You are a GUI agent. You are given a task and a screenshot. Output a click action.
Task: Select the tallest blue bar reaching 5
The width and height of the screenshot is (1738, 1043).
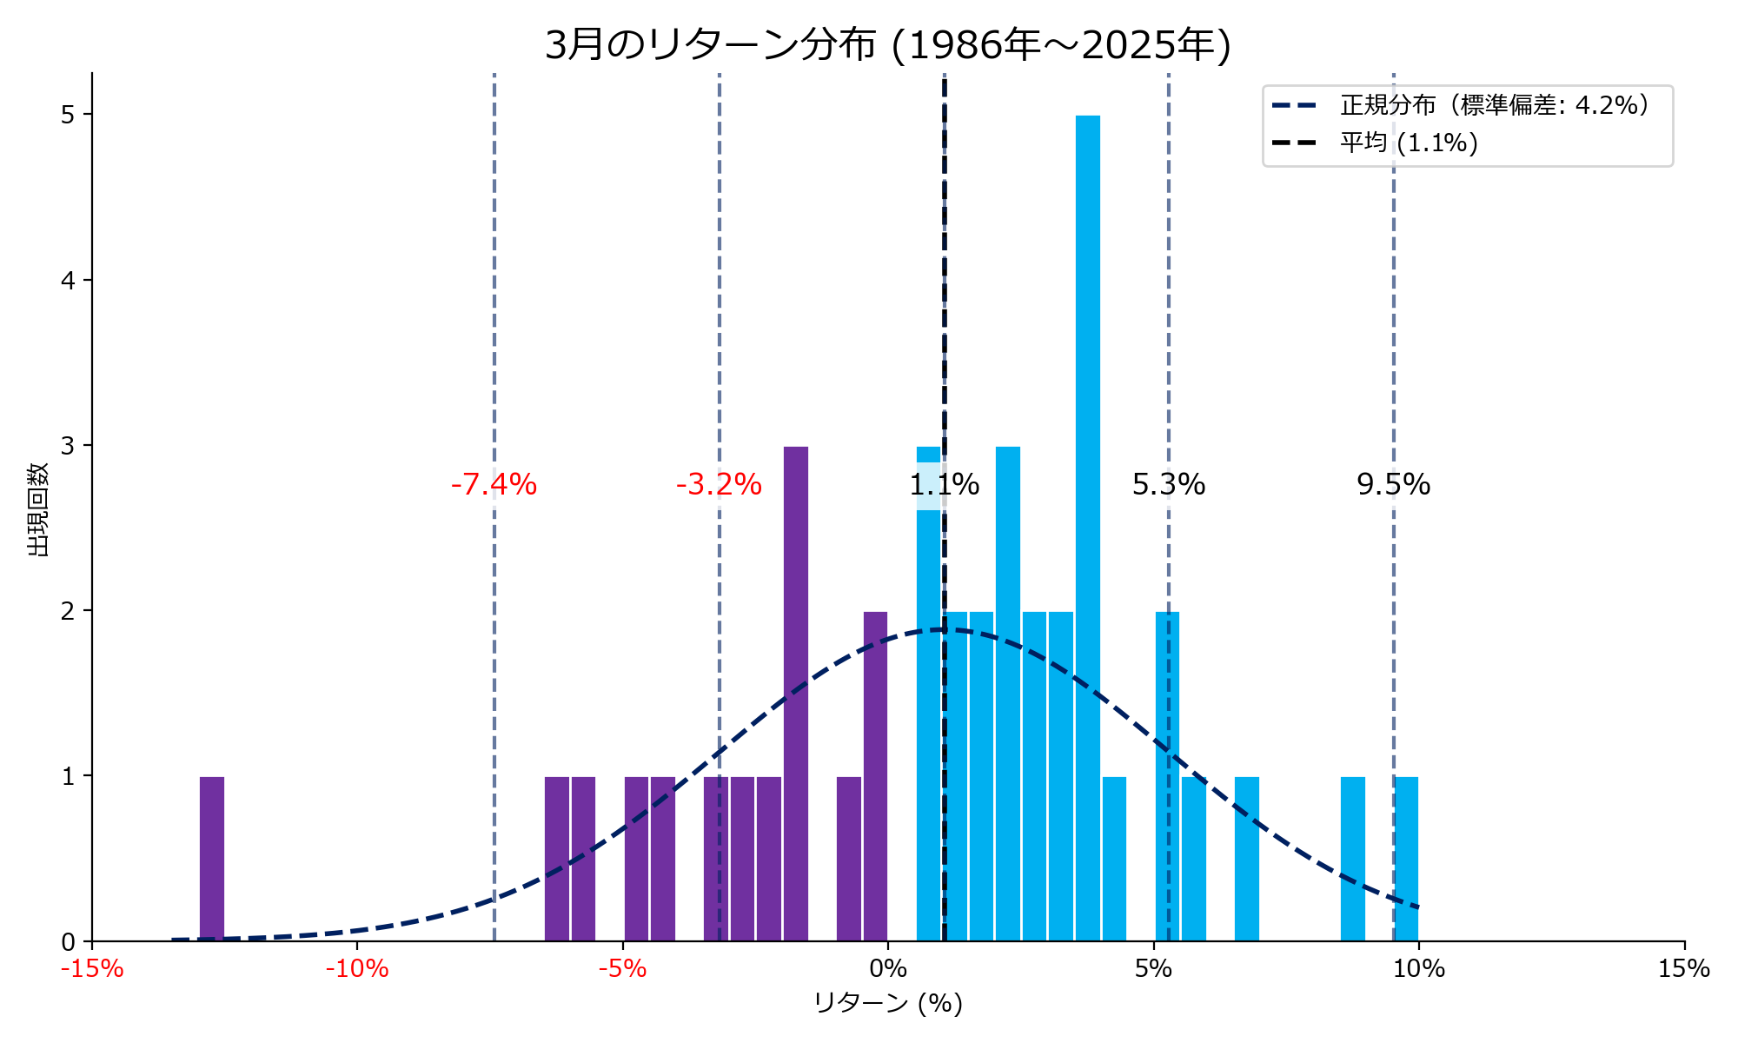[x=1087, y=521]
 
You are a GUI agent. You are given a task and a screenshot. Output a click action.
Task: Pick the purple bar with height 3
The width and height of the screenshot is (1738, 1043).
[x=796, y=695]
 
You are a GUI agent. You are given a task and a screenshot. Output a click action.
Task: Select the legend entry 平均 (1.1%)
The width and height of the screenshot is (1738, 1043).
[x=1409, y=143]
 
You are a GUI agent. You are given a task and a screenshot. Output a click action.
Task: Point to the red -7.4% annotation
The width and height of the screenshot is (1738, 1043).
[x=494, y=484]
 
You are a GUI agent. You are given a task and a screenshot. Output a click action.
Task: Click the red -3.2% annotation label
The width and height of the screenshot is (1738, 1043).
[x=719, y=484]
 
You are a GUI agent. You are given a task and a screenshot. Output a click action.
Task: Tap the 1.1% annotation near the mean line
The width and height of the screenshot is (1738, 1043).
[x=945, y=484]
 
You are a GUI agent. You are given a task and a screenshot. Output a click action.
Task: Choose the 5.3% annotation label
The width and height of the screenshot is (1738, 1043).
[x=1169, y=484]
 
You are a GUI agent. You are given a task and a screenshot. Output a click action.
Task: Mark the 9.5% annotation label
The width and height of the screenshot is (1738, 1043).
[x=1393, y=484]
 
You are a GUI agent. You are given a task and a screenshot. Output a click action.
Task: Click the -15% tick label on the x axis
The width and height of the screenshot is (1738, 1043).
[x=92, y=968]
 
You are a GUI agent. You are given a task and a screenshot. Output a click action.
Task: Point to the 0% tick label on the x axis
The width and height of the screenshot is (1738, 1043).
[x=887, y=968]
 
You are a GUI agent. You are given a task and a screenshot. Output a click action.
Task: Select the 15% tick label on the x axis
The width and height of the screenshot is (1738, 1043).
[x=1683, y=968]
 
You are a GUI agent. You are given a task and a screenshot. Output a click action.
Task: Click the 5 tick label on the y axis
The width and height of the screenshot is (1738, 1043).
[x=68, y=115]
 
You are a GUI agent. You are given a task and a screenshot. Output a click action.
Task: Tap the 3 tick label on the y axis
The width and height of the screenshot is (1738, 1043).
[x=68, y=445]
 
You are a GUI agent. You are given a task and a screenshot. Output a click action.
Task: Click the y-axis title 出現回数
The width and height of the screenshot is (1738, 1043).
[x=38, y=509]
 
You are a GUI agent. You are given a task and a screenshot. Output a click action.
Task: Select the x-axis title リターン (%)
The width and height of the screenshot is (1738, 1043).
[x=888, y=1003]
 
